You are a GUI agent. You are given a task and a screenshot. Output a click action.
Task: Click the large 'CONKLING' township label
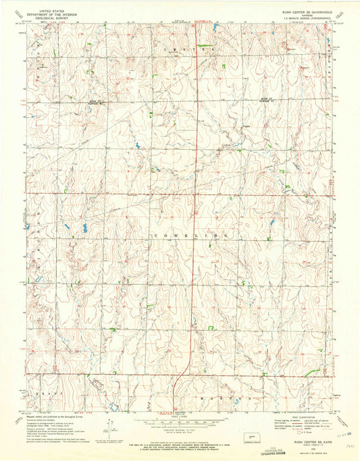192,234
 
